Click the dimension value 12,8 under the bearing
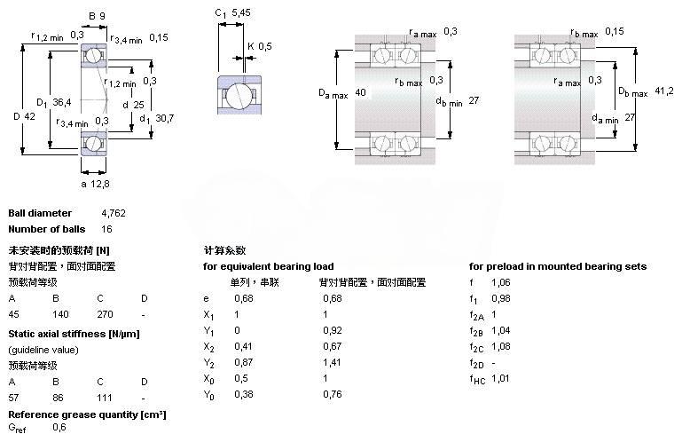click(101, 185)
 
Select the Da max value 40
click(360, 92)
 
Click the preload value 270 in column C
click(105, 314)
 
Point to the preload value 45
click(14, 314)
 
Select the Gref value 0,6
click(59, 428)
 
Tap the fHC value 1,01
click(501, 379)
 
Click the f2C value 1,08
click(501, 346)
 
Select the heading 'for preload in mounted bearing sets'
click(557, 266)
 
